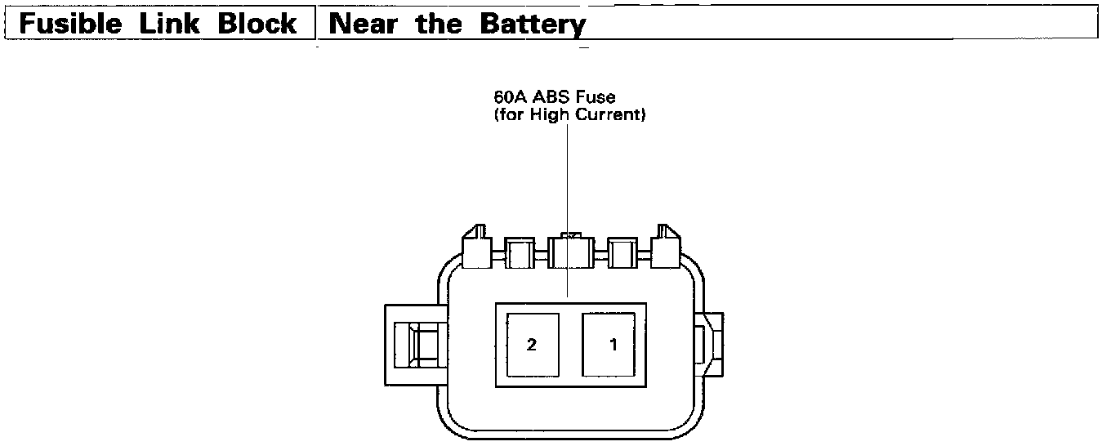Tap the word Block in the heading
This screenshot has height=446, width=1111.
point(257,24)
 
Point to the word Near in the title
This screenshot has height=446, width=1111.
point(362,24)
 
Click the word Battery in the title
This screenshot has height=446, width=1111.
point(533,25)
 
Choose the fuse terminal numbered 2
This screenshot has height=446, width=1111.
point(532,345)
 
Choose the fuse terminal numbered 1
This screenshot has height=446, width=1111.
point(613,345)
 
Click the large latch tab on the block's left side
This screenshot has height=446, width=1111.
point(415,344)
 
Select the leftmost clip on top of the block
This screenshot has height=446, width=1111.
point(476,246)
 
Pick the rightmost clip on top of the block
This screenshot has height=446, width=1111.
point(666,246)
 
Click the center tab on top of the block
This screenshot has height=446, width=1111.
point(571,251)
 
